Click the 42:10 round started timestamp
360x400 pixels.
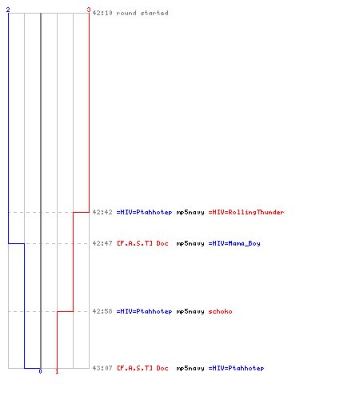pyautogui.click(x=102, y=13)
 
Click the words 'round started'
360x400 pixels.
pyautogui.click(x=142, y=13)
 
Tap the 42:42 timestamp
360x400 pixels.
pyautogui.click(x=102, y=212)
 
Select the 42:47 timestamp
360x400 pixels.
pyautogui.click(x=102, y=243)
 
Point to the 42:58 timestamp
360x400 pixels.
pyautogui.click(x=102, y=311)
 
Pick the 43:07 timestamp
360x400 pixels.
pyautogui.click(x=102, y=368)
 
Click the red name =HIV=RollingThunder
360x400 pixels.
pyautogui.click(x=246, y=212)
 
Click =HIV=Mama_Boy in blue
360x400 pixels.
pyautogui.click(x=234, y=243)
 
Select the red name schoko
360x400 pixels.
pyautogui.click(x=220, y=311)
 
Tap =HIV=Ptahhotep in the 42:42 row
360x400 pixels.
pyautogui.click(x=144, y=212)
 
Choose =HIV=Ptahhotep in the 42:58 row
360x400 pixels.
pyautogui.click(x=144, y=311)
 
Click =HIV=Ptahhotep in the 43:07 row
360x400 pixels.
pyautogui.click(x=236, y=368)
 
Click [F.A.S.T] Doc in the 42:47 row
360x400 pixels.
pyautogui.click(x=142, y=243)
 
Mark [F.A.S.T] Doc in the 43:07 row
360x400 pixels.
pyautogui.click(x=142, y=368)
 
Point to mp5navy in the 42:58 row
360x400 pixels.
pyautogui.click(x=190, y=312)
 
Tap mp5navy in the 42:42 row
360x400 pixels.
pyautogui.click(x=190, y=213)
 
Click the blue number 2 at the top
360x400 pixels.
pyautogui.click(x=8, y=10)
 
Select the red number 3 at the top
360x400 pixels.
pyautogui.click(x=89, y=10)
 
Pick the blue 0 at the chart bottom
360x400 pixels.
pyautogui.click(x=40, y=371)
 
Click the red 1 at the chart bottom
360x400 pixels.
pyautogui.click(x=57, y=371)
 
